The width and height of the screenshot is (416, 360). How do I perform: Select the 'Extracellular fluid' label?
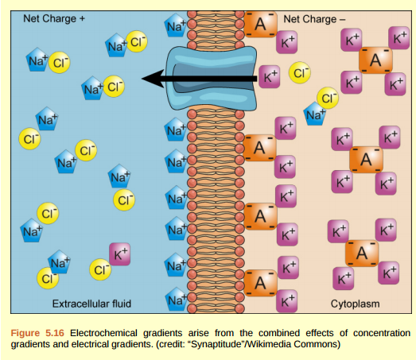pos(91,304)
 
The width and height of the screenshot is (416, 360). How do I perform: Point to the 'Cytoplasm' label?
pos(356,304)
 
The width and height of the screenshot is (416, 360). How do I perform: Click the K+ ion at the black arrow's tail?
pos(271,77)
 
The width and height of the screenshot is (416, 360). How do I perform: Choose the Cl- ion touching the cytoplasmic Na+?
pos(327,99)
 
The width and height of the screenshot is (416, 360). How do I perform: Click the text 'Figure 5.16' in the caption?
pos(37,331)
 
